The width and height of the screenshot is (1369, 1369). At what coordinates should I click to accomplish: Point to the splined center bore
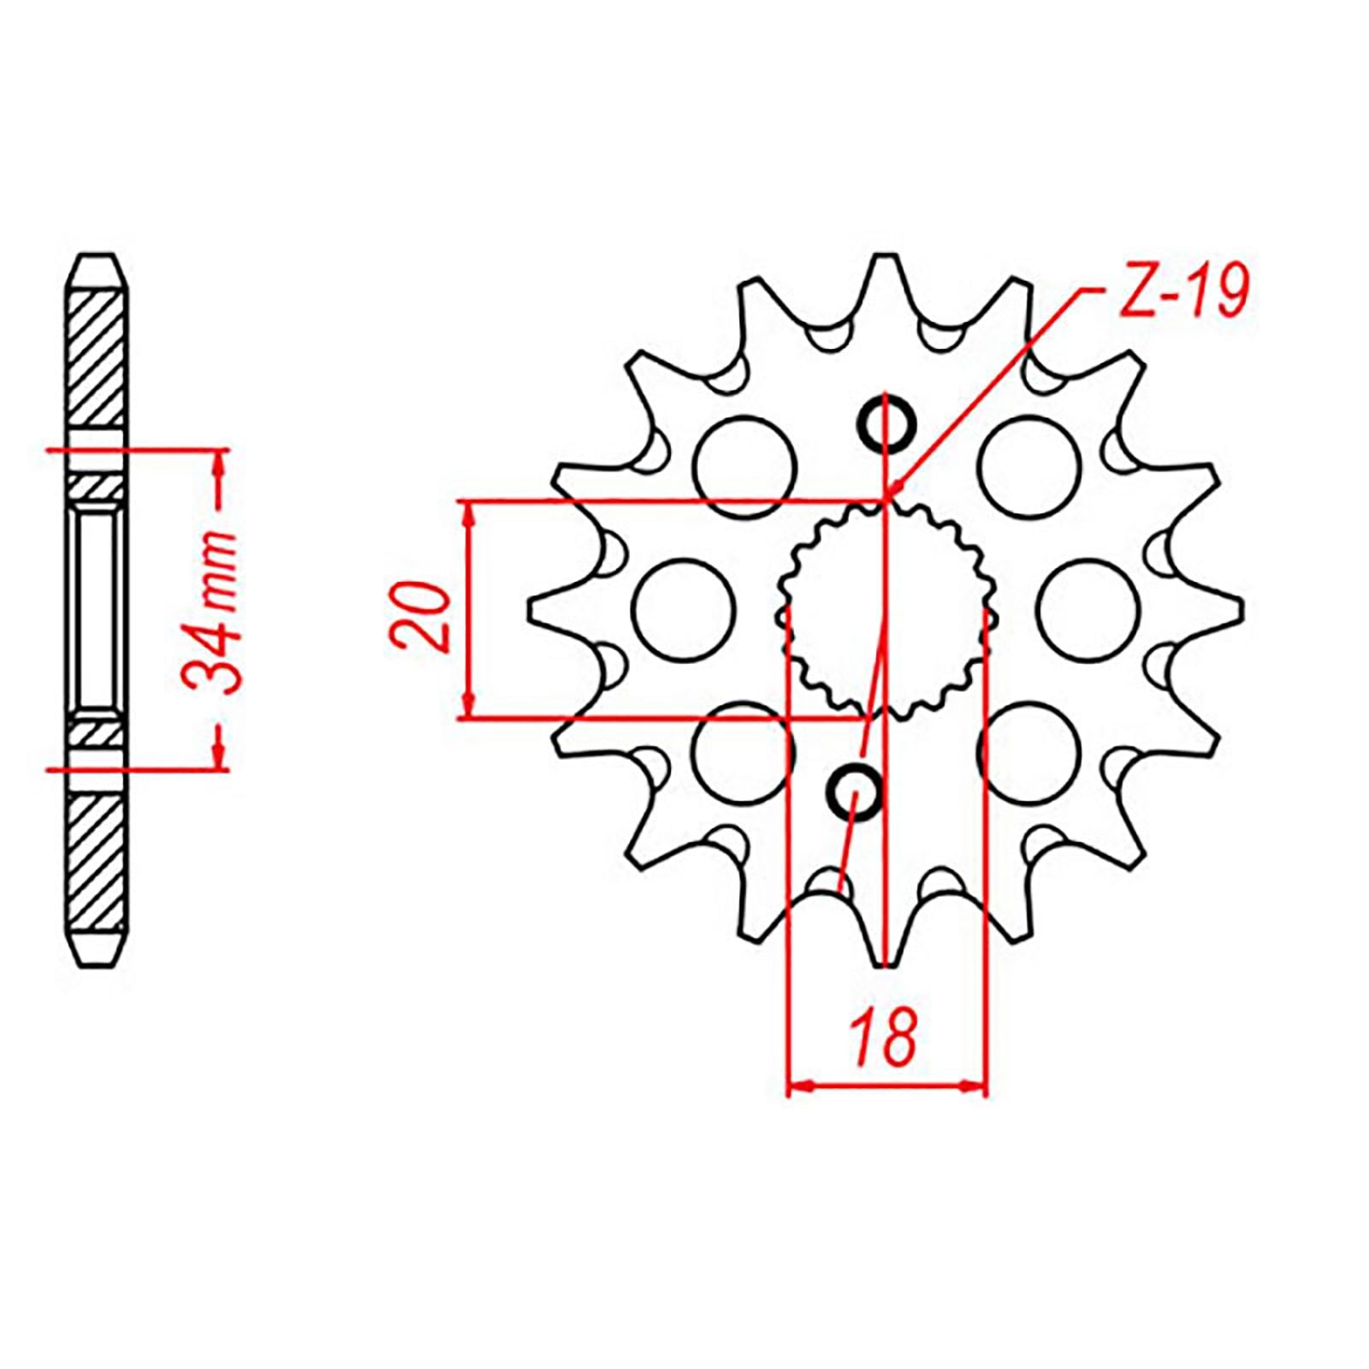point(886,609)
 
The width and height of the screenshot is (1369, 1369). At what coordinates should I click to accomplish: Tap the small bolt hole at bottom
point(853,793)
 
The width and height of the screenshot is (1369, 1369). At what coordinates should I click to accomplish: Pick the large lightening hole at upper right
point(1029,467)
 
